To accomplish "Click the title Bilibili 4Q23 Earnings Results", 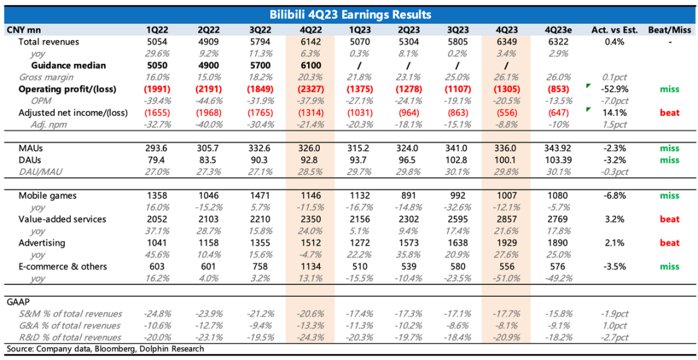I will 349,14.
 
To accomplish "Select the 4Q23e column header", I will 559,30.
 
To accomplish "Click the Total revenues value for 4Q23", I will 505,42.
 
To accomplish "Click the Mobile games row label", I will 47,196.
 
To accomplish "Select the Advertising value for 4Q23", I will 505,243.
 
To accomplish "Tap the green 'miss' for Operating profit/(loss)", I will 670,89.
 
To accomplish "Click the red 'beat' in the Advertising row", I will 670,243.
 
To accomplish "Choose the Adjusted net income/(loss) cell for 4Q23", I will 505,112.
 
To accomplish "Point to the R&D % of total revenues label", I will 69,337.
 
